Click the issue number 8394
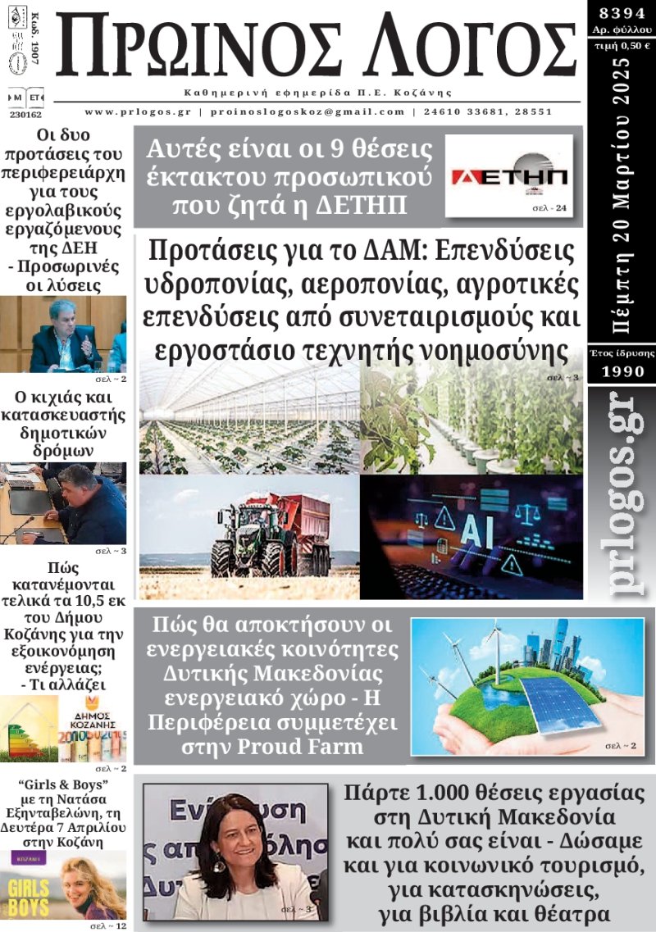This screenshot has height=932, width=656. click(620, 13)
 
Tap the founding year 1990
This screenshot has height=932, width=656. click(620, 371)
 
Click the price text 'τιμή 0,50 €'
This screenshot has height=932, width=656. click(620, 45)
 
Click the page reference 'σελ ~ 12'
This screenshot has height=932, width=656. click(109, 925)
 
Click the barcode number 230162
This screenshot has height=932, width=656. click(24, 115)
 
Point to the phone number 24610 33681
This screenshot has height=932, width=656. click(464, 112)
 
